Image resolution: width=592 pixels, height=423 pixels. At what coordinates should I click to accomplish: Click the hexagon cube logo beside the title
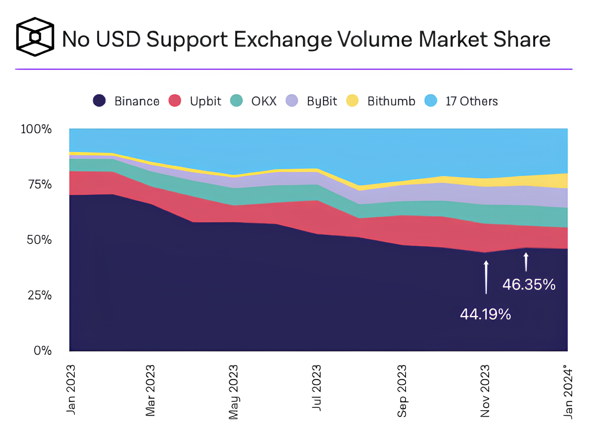coord(35,37)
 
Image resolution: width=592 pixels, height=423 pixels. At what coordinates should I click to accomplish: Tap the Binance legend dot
coord(99,101)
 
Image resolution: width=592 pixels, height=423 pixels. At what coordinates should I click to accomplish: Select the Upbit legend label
coord(206,101)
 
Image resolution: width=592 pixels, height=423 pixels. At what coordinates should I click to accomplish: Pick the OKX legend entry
coord(264,101)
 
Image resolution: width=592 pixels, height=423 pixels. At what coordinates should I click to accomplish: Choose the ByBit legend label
coord(322,101)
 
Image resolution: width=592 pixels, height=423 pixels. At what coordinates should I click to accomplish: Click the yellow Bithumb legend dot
coord(352,101)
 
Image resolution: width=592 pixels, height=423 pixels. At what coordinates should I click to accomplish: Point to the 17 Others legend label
coord(471,101)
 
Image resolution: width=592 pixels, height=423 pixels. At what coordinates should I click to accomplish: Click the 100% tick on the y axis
coord(36,129)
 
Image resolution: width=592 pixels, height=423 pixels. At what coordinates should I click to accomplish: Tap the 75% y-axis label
coord(39,184)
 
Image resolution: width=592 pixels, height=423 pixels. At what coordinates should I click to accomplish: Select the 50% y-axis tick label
coord(39,240)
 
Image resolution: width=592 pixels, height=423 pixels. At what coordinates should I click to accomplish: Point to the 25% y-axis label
coord(39,295)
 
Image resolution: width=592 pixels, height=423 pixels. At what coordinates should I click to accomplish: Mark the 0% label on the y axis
coord(42,351)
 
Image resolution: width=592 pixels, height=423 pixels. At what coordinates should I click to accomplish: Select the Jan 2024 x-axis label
coord(568,391)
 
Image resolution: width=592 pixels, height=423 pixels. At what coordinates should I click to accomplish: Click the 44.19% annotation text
coord(485,314)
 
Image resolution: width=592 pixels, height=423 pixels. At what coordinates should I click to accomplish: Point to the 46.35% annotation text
coord(529,285)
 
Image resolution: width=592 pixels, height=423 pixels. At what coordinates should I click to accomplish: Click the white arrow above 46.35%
coord(526,262)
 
